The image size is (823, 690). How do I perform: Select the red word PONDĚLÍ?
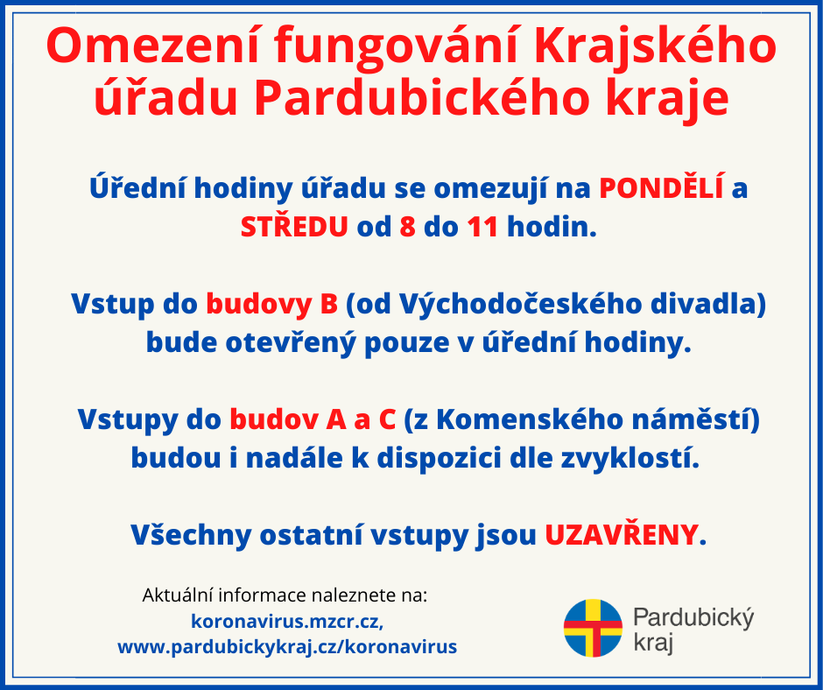661,187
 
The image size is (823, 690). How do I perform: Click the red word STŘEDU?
294,227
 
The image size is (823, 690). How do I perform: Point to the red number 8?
407,228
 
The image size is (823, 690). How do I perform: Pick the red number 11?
482,228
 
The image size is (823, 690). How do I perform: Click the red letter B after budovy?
328,304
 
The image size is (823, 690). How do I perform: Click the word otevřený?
291,343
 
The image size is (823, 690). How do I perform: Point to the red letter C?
387,419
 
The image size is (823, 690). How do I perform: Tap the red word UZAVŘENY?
622,535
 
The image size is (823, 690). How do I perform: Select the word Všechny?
191,536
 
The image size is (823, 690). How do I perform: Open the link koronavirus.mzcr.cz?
285,621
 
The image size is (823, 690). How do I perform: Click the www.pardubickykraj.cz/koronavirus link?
287,646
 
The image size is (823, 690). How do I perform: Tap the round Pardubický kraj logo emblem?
593,628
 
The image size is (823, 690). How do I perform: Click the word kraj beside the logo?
653,643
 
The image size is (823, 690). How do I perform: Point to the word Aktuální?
178,595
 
